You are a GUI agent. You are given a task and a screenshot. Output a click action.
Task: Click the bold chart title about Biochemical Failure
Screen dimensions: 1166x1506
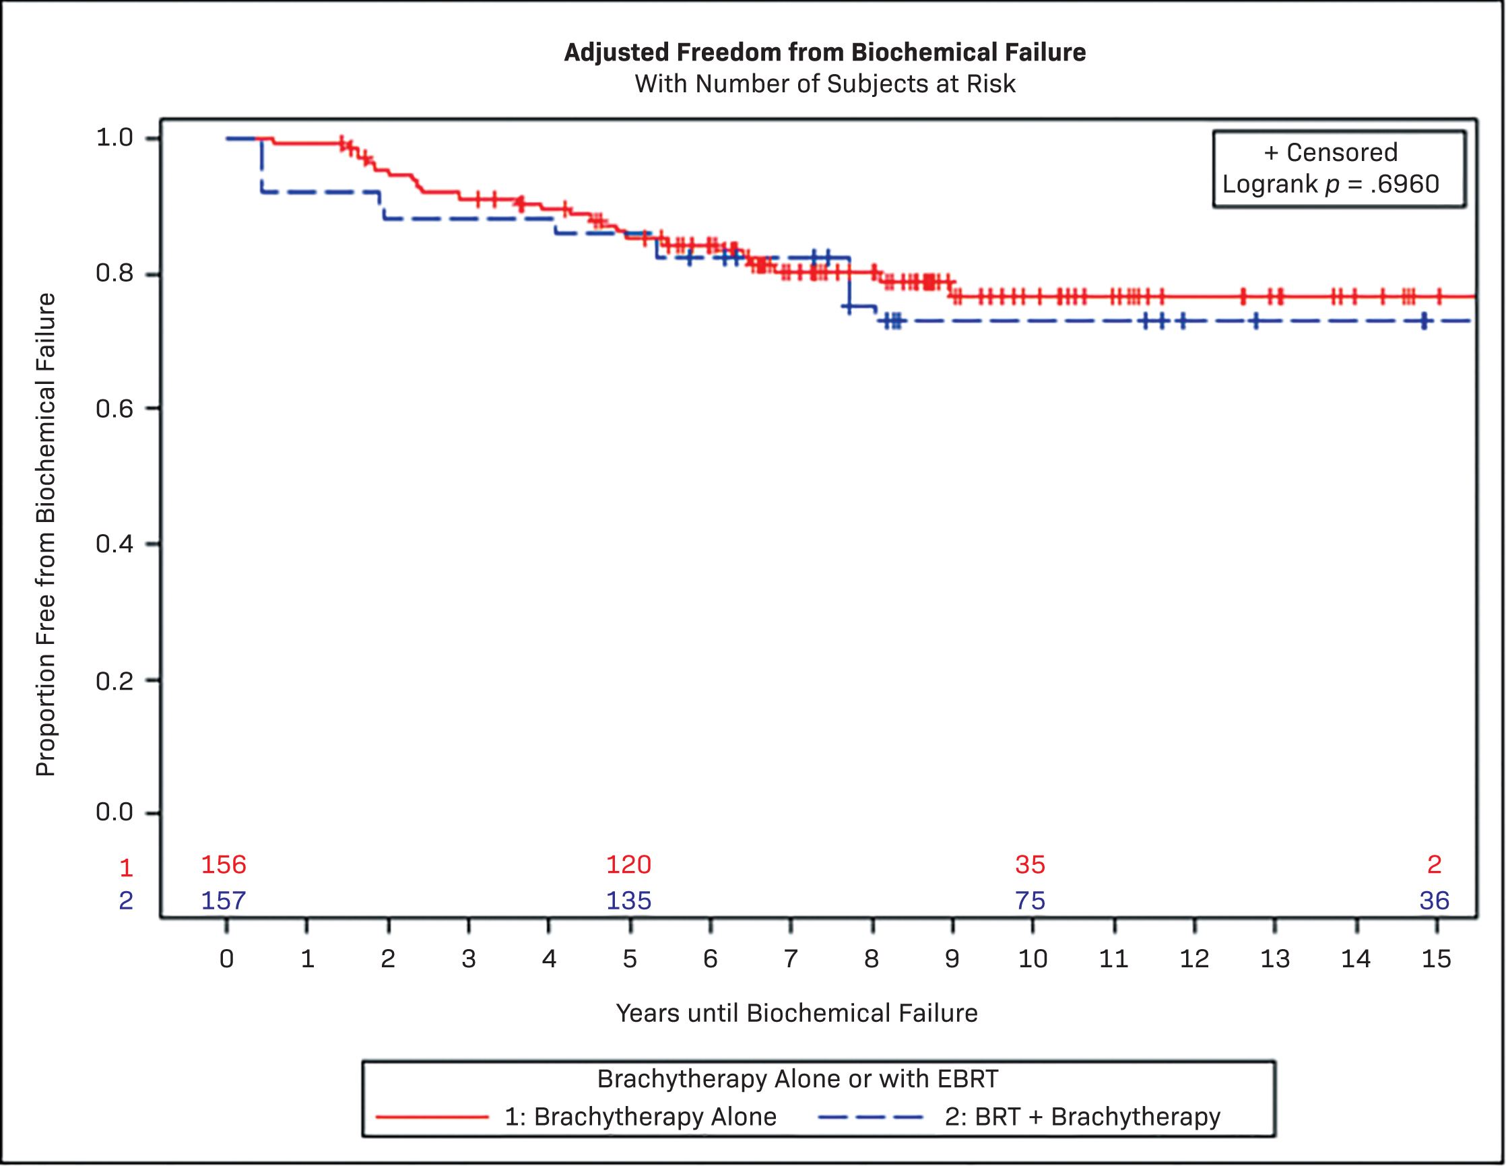point(824,53)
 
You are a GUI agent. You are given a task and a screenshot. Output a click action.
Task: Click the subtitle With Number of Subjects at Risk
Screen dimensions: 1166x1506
point(824,84)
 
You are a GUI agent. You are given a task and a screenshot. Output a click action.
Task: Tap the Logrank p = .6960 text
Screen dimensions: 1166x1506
point(1330,184)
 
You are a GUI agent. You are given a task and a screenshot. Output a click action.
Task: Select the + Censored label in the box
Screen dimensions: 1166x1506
point(1330,152)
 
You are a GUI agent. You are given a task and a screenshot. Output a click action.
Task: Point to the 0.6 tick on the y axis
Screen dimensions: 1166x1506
point(114,409)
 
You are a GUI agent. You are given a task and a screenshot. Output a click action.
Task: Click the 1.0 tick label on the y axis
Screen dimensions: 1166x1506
point(114,138)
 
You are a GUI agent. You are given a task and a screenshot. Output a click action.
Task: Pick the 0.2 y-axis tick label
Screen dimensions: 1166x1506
point(114,681)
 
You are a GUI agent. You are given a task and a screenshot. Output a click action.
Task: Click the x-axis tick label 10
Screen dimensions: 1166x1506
point(1033,959)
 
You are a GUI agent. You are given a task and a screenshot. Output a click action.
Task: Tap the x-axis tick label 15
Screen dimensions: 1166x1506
point(1437,959)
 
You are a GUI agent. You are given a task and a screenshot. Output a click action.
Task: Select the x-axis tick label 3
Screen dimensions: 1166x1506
point(469,959)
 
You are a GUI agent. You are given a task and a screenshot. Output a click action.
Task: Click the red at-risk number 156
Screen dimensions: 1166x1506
point(224,865)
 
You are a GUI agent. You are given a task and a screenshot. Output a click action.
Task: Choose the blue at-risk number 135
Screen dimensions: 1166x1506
point(628,901)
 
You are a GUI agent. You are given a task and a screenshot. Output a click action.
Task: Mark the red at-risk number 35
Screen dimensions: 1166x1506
point(1030,865)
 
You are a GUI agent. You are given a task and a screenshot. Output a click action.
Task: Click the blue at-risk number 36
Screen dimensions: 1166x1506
point(1435,901)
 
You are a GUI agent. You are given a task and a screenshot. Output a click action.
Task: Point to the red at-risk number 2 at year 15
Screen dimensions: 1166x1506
point(1435,865)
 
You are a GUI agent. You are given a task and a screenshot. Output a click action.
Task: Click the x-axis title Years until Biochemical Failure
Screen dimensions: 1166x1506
point(796,1014)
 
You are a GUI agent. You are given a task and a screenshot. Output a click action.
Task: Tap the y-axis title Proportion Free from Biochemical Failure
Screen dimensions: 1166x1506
point(46,534)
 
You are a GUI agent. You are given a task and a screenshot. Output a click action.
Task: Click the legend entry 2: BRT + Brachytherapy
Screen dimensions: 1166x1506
point(1082,1117)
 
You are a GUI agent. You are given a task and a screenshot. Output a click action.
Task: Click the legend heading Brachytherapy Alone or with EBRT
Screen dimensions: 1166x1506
point(797,1079)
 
